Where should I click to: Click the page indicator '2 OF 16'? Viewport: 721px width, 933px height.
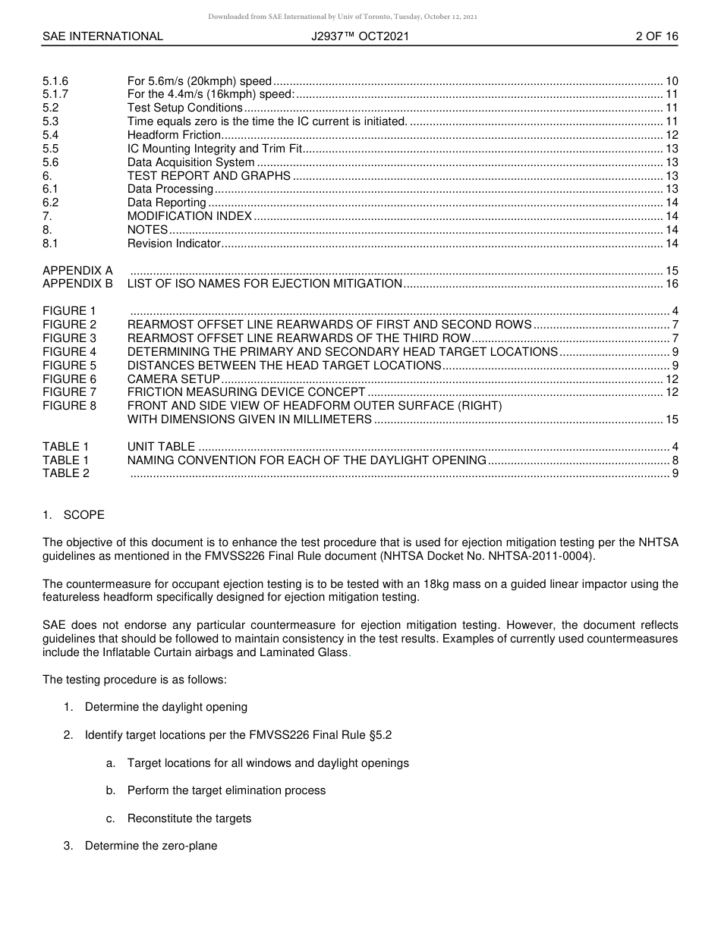(x=656, y=36)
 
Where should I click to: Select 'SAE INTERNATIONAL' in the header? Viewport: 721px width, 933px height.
(x=102, y=36)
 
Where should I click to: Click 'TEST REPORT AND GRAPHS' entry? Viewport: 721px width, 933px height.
(x=209, y=176)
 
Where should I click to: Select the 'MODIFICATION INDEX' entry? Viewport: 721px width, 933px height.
(x=189, y=216)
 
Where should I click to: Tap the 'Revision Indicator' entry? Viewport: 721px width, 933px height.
(x=174, y=243)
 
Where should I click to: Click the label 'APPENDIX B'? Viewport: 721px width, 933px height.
(x=77, y=284)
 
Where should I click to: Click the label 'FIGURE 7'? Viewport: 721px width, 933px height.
(x=70, y=392)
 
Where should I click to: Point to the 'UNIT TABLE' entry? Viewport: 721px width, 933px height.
(x=161, y=447)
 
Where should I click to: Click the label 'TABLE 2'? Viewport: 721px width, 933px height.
(x=66, y=473)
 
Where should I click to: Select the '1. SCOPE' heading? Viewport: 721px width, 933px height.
(x=74, y=515)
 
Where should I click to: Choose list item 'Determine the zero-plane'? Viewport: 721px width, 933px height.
(x=151, y=846)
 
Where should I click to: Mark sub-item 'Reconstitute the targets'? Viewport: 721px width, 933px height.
(x=189, y=818)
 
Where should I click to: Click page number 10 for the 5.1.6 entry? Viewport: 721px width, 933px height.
(x=672, y=81)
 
